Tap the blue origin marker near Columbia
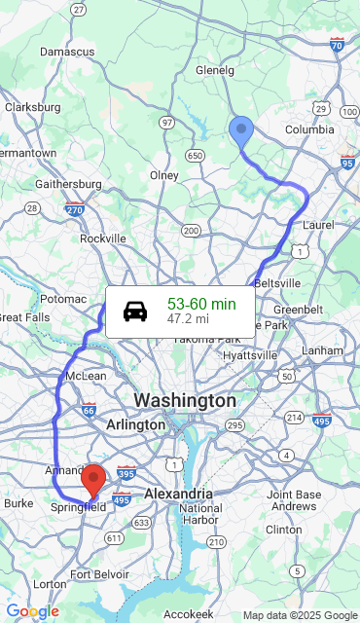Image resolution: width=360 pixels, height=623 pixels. click(x=240, y=130)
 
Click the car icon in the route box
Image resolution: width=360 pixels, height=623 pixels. click(x=135, y=311)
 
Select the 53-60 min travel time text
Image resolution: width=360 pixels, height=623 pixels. click(x=201, y=304)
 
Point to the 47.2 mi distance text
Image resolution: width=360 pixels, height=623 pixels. click(x=188, y=318)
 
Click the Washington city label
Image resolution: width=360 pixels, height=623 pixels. click(x=184, y=400)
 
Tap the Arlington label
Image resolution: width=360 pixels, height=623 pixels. click(x=135, y=425)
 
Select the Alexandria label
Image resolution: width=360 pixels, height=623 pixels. click(x=178, y=494)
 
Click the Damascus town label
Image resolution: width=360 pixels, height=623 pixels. click(x=67, y=51)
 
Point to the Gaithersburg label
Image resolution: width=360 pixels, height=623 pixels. click(x=68, y=184)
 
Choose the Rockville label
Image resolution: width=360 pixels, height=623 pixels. click(x=103, y=238)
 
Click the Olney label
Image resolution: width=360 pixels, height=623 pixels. click(x=164, y=175)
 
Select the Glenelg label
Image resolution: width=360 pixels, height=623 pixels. click(x=215, y=70)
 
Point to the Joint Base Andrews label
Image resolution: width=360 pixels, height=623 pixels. click(x=294, y=500)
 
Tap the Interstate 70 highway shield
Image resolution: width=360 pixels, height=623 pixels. click(x=337, y=44)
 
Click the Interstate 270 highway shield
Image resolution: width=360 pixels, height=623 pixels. click(x=75, y=207)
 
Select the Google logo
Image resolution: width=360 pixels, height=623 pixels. click(x=32, y=611)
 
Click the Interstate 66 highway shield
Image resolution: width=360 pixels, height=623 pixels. click(x=89, y=410)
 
